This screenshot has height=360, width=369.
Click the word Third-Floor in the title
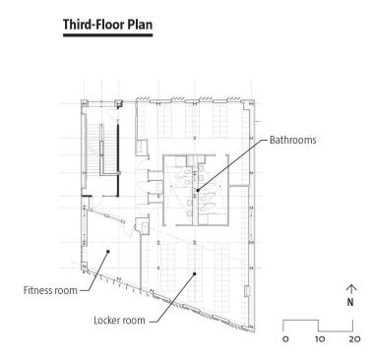click(92, 25)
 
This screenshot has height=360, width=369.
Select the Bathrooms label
click(293, 140)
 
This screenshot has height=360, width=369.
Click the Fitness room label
click(50, 290)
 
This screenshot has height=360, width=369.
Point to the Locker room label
click(119, 321)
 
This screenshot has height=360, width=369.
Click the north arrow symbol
click(351, 289)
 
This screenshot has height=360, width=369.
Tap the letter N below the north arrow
click(350, 302)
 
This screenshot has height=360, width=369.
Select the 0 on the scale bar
click(285, 339)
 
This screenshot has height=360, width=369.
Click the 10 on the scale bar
click(320, 339)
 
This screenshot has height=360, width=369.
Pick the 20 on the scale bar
click(354, 339)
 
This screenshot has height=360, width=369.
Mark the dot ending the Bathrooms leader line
click(198, 190)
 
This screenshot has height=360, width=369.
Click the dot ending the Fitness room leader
click(108, 252)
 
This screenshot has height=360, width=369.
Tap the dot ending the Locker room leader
click(194, 273)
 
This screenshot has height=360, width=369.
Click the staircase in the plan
click(100, 150)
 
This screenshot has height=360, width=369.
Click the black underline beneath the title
click(108, 34)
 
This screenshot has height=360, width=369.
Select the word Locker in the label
click(105, 321)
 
